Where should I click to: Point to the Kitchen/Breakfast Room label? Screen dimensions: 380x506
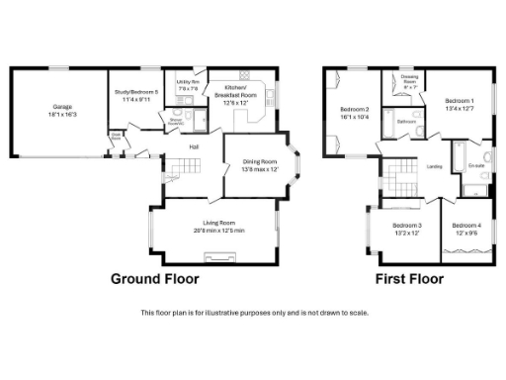point(241,91)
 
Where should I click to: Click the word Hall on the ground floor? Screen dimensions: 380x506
point(196,148)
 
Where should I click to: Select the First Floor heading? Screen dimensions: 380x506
point(409,279)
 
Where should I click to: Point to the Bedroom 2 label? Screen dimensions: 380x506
point(355,112)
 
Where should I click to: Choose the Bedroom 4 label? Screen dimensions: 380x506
point(465,229)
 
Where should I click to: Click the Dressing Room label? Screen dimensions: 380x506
point(410,79)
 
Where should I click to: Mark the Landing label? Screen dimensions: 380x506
point(434,166)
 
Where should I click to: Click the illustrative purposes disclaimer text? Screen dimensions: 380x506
point(255,313)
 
